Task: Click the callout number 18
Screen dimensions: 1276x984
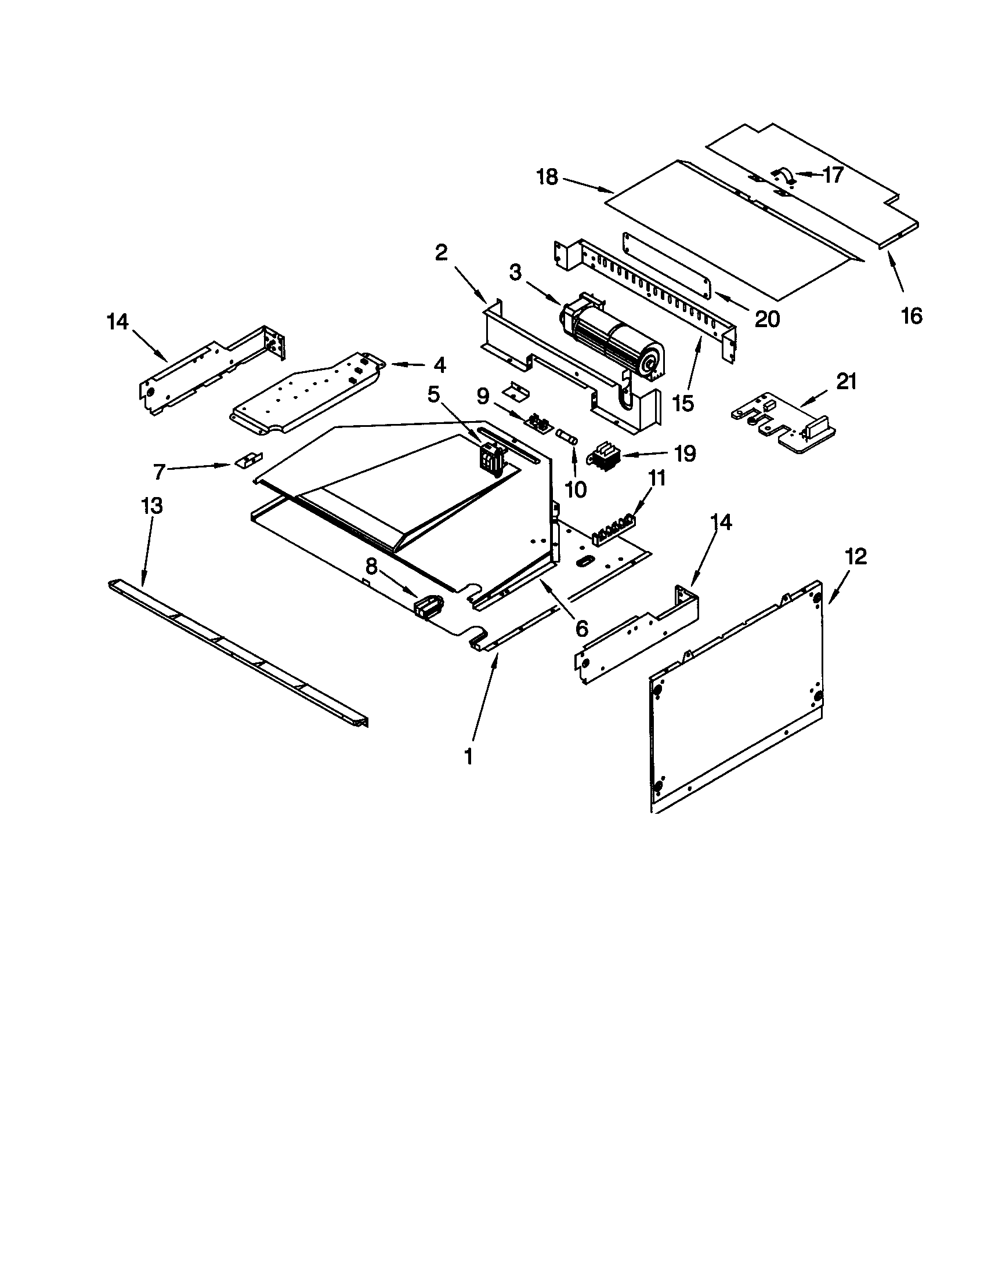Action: point(548,177)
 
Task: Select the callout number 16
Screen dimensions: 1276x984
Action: point(911,316)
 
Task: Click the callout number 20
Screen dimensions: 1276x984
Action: point(766,318)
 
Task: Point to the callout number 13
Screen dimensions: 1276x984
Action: point(151,506)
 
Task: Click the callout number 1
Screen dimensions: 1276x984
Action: point(468,756)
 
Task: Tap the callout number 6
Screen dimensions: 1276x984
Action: point(581,628)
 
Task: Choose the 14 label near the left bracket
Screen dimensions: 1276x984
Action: point(117,321)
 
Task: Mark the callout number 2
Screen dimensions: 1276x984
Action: point(441,253)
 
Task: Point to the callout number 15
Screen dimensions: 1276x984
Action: point(683,403)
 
